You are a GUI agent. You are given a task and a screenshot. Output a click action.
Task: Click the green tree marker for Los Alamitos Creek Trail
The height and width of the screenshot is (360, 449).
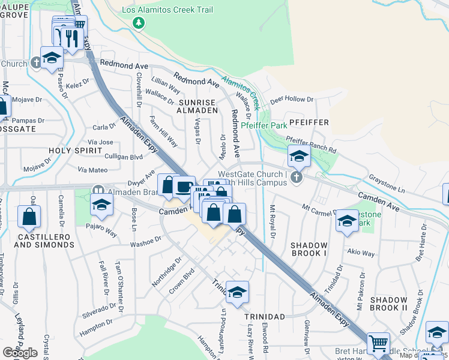click(x=139, y=22)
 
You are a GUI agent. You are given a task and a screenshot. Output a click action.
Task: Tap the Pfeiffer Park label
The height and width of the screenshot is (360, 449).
click(x=264, y=126)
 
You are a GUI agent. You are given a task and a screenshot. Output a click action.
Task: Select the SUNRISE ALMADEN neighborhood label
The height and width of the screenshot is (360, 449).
click(x=197, y=106)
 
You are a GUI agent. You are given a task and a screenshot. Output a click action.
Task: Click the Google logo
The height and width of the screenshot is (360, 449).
click(x=20, y=352)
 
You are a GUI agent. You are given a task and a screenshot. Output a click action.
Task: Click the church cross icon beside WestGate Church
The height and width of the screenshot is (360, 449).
click(x=295, y=178)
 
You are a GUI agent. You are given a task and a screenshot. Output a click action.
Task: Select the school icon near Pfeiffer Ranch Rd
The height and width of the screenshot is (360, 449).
click(x=299, y=156)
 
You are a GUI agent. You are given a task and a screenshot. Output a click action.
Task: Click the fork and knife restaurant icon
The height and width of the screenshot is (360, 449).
click(x=71, y=37)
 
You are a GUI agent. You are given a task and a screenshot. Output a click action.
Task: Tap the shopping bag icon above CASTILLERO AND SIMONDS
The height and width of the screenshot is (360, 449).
click(x=29, y=217)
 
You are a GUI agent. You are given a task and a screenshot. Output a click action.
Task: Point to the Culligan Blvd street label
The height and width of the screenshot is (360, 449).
click(x=124, y=157)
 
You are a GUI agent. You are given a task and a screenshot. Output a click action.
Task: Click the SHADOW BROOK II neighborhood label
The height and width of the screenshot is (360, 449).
click(x=388, y=304)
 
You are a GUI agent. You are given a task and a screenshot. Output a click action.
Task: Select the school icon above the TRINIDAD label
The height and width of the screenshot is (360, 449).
click(x=237, y=292)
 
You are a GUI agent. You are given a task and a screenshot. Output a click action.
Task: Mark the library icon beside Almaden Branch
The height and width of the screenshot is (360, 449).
click(x=97, y=190)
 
